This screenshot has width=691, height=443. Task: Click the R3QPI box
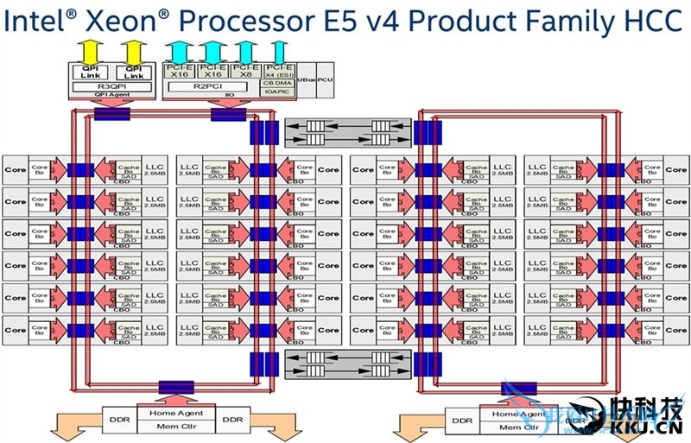coord(112,86)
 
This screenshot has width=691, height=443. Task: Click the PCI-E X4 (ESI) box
coord(278,71)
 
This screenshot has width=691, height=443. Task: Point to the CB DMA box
coord(278,82)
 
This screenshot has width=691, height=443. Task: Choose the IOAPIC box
coord(278,91)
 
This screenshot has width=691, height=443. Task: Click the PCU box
coord(326,79)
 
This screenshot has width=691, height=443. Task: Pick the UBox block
coord(306,79)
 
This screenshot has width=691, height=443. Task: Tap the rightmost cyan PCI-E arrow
coord(278,50)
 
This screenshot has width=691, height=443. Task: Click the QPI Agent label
coord(112,97)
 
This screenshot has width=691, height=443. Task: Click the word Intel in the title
coord(35,22)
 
